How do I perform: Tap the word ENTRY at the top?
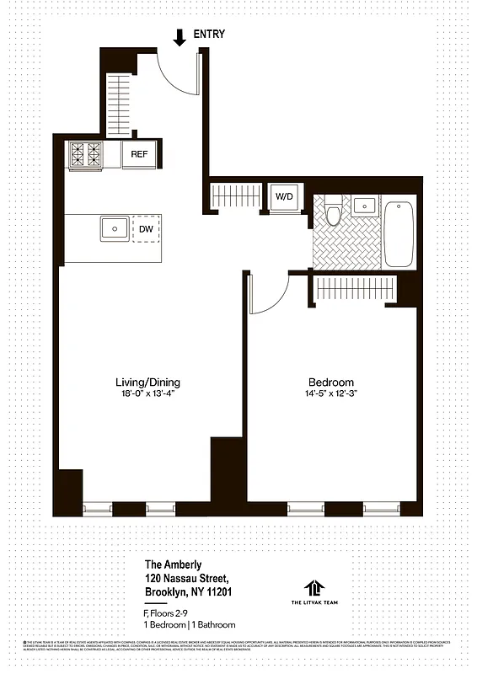click(209, 35)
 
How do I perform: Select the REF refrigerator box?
click(139, 155)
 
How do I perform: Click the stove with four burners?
click(86, 154)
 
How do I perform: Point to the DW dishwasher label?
click(146, 228)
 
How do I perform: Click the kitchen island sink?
click(114, 228)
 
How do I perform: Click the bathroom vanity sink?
click(363, 206)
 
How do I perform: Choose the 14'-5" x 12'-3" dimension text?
click(332, 393)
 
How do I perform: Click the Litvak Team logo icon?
click(315, 586)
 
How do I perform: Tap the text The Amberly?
click(172, 565)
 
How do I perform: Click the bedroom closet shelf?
click(355, 288)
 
